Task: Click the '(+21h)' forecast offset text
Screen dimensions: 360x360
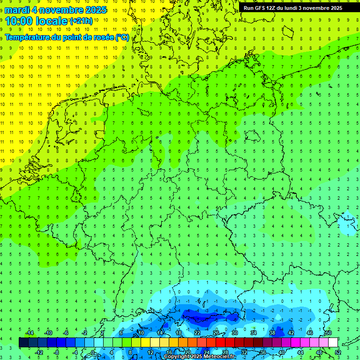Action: (81, 21)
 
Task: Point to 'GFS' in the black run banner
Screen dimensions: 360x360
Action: (260, 8)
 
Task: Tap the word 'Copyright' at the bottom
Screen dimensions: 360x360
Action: (177, 357)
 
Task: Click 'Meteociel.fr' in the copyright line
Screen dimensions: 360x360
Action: (219, 357)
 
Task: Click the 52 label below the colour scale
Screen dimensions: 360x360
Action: (338, 352)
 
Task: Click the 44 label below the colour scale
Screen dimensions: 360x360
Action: (300, 352)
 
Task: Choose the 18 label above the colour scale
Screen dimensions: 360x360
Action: (178, 333)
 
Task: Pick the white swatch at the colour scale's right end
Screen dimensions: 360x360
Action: (333, 342)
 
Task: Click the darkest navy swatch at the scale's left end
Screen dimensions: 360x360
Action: (23, 342)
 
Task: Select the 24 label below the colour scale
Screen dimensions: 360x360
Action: (206, 352)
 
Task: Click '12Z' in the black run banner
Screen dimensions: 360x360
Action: (271, 8)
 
